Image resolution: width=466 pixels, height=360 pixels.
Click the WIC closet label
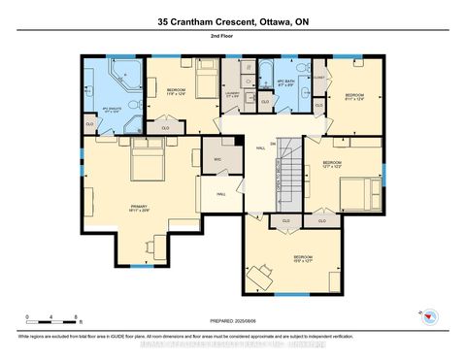(x=217, y=158)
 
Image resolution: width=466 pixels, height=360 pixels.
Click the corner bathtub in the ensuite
(x=126, y=74)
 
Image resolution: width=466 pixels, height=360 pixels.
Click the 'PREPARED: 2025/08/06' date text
(x=233, y=322)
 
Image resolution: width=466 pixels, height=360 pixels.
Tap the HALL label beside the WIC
(x=221, y=194)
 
